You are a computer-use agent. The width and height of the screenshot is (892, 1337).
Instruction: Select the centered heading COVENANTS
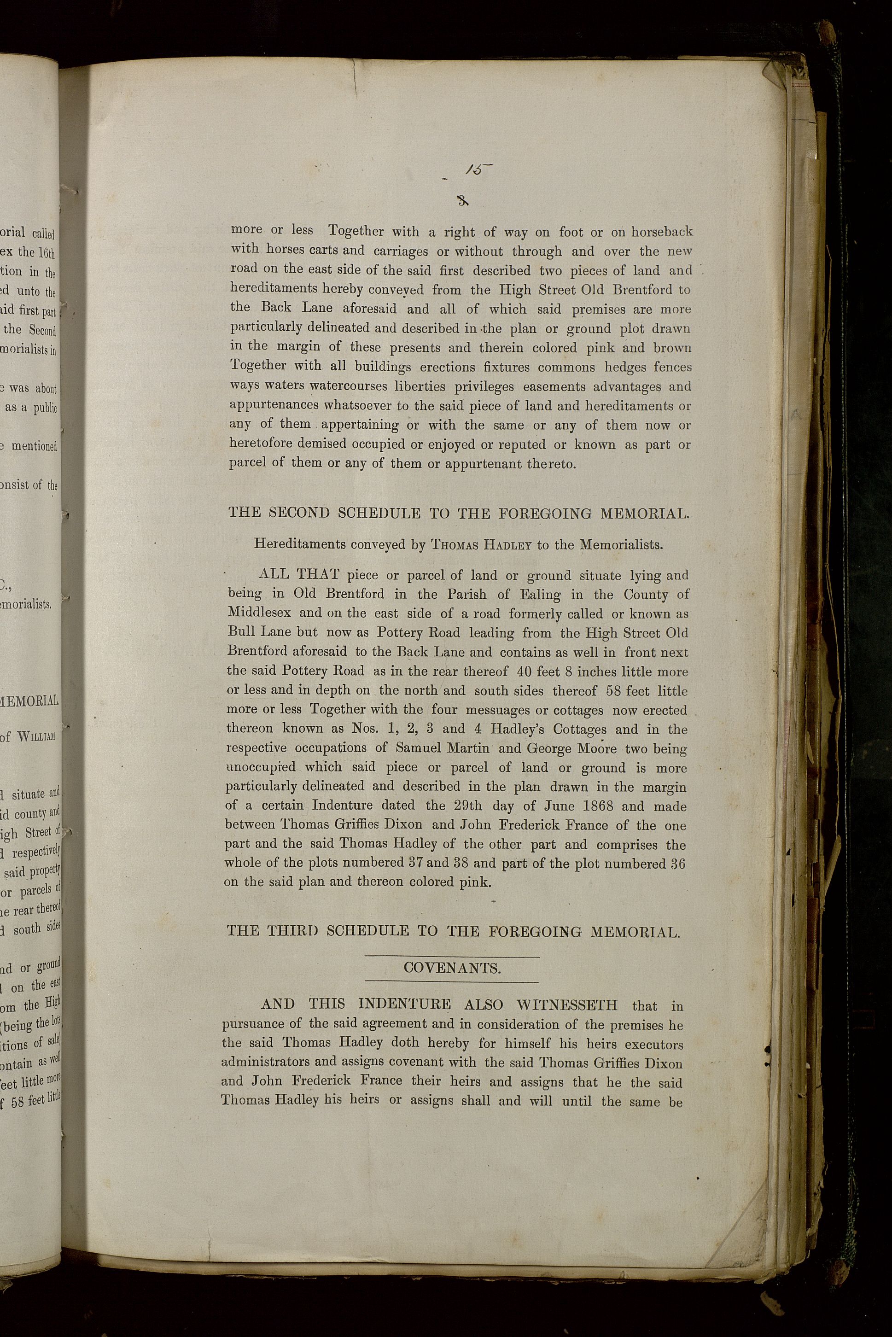click(452, 969)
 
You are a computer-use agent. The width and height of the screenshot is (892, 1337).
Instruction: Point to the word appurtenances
click(274, 406)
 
